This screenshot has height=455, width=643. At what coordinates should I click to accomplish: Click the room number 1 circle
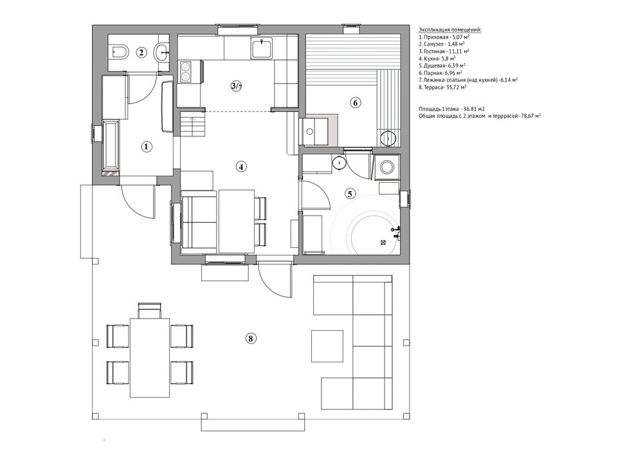[147, 147]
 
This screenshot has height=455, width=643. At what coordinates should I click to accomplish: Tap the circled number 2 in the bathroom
[141, 52]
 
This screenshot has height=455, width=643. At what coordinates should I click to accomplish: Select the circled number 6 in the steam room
[355, 102]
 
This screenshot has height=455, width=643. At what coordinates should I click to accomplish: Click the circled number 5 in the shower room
[349, 193]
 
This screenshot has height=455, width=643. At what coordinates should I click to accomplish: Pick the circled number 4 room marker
[241, 166]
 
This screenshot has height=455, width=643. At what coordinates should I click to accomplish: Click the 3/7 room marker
[236, 86]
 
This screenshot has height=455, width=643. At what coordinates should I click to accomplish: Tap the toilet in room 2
[120, 51]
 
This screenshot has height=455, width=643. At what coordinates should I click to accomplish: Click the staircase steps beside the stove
[192, 126]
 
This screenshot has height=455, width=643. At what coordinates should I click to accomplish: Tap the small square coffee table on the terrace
[327, 346]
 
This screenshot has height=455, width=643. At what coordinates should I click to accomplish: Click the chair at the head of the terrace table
[150, 310]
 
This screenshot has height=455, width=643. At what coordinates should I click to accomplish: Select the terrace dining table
[150, 357]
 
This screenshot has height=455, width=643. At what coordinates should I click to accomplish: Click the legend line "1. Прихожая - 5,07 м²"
[444, 37]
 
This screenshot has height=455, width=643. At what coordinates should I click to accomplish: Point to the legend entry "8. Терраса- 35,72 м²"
[443, 88]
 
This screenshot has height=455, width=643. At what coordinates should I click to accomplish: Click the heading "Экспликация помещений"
[450, 30]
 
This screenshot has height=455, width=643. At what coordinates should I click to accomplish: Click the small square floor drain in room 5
[383, 243]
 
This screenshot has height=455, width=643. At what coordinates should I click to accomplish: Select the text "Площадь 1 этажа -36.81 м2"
[451, 109]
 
